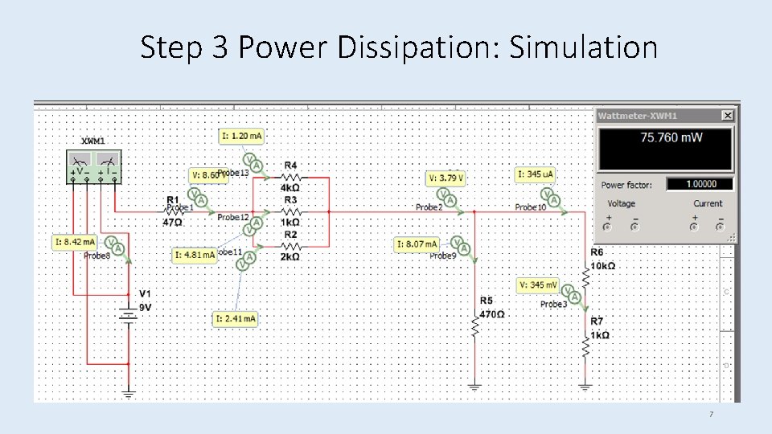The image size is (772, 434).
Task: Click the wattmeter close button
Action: pyautogui.click(x=727, y=116)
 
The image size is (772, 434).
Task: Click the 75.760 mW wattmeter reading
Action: pyautogui.click(x=671, y=137)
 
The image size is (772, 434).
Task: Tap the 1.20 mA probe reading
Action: pyautogui.click(x=241, y=136)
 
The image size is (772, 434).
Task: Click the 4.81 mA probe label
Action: pyautogui.click(x=195, y=255)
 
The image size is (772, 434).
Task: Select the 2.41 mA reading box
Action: pyautogui.click(x=236, y=319)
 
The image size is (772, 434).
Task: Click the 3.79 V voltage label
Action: pyautogui.click(x=446, y=178)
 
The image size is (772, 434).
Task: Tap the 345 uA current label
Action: pyautogui.click(x=536, y=174)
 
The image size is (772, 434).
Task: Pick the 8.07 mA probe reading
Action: pyautogui.click(x=418, y=244)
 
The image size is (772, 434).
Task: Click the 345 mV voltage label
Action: pyautogui.click(x=539, y=285)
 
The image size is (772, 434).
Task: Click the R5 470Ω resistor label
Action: pyautogui.click(x=491, y=308)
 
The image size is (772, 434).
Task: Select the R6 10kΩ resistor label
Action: pyautogui.click(x=602, y=260)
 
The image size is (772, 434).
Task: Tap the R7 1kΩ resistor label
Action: pyautogui.click(x=600, y=329)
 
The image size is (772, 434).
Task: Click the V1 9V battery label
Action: pyautogui.click(x=145, y=300)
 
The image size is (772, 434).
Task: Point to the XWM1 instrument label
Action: pyautogui.click(x=93, y=141)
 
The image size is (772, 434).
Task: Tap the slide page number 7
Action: pyautogui.click(x=710, y=415)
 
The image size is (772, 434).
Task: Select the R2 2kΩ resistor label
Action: pyautogui.click(x=290, y=252)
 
